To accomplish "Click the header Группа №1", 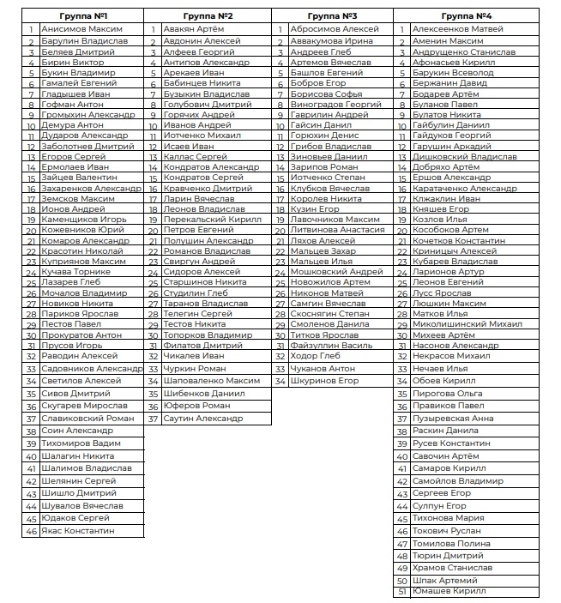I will click(x=83, y=16).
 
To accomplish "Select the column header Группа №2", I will click(x=208, y=16).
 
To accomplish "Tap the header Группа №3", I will click(x=332, y=16).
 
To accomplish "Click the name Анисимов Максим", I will click(x=81, y=29).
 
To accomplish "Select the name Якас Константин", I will click(x=77, y=531).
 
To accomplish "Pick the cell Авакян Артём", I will click(x=193, y=29).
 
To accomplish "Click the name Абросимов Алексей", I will click(x=335, y=29).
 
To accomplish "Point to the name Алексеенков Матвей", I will click(x=457, y=29).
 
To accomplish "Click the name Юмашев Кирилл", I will click(x=449, y=591).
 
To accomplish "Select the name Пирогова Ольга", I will click(x=448, y=393).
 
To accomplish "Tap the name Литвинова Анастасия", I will click(x=337, y=230).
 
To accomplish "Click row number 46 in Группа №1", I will click(x=31, y=531).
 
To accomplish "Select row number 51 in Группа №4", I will click(x=401, y=591).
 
